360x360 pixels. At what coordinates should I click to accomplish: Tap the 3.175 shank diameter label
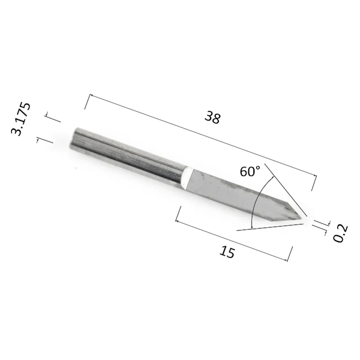point(21,119)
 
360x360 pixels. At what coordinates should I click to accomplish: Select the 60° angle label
point(250,171)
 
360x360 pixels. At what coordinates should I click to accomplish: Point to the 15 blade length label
point(227,252)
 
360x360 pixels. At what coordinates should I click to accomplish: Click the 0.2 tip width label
point(341,234)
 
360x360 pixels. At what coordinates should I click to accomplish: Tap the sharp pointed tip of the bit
point(301,219)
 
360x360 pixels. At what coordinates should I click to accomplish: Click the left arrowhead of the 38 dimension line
point(91,95)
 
